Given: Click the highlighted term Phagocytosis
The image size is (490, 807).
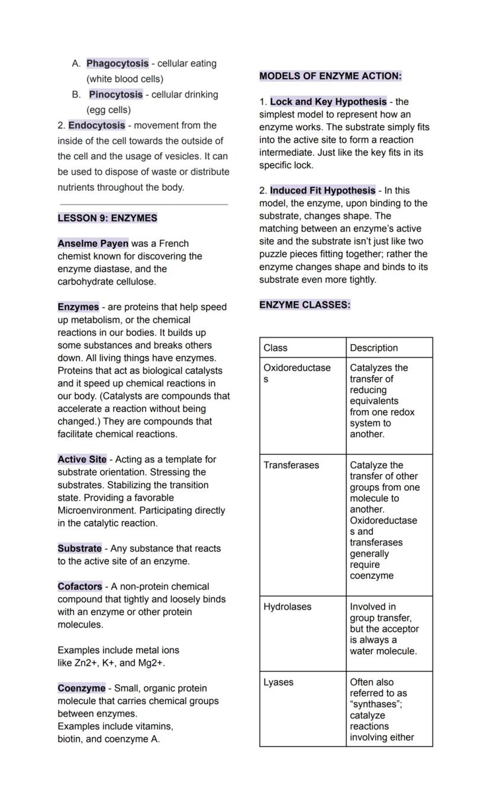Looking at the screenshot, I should coord(117,63).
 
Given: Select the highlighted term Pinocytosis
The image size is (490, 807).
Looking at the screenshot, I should coord(116,94).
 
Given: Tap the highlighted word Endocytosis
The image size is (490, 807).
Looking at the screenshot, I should coord(96,126).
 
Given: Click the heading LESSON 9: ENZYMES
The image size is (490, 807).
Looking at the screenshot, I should coord(107,218).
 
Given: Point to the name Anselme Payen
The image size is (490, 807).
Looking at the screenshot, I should coord(93,243).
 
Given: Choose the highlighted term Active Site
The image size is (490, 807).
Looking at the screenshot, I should coord(82,459).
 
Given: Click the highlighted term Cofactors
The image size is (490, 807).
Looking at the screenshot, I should coord(80,586).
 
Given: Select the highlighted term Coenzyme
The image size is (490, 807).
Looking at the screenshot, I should coord(81,688).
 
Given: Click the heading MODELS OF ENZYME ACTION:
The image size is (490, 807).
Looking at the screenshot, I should coord(330,76).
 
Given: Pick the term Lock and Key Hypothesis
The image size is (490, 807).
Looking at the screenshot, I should coord(328,102).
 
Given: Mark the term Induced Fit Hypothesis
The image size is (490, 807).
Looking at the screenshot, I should coord(323,191).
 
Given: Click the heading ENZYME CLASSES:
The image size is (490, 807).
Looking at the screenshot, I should coord(305,305).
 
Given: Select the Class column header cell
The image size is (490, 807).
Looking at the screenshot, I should coord(302,348).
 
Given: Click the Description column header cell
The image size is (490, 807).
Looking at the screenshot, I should coord(389,348).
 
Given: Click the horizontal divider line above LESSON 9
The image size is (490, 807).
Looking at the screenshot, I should coord(144,204).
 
